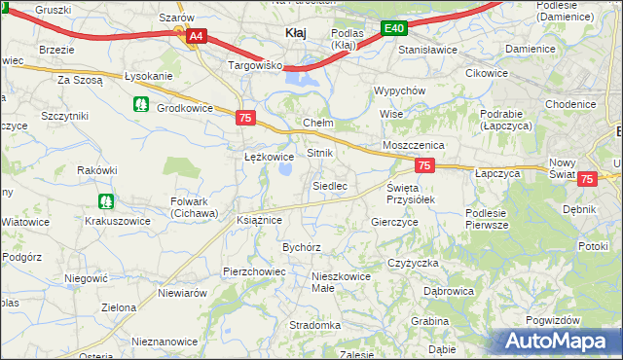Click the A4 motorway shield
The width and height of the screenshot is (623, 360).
pyautogui.click(x=196, y=37)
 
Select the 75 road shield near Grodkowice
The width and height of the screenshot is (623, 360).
pyautogui.click(x=245, y=118)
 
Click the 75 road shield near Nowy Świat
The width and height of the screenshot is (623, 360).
pyautogui.click(x=587, y=179)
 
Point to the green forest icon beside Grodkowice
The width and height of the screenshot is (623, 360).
pyautogui.click(x=141, y=103)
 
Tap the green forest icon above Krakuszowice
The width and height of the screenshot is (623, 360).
pyautogui.click(x=105, y=201)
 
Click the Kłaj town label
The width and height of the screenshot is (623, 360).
pyautogui.click(x=295, y=33)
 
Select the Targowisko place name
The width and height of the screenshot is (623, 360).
pyautogui.click(x=254, y=66)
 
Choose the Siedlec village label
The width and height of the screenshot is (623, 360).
pyautogui.click(x=329, y=185)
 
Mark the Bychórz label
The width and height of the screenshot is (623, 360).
pyautogui.click(x=302, y=247)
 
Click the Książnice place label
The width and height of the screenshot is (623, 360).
pyautogui.click(x=259, y=220)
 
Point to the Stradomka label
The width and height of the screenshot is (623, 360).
pyautogui.click(x=314, y=325)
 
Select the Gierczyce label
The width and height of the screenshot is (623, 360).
pyautogui.click(x=394, y=222)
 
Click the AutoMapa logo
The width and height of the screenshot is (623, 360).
pyautogui.click(x=559, y=342)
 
